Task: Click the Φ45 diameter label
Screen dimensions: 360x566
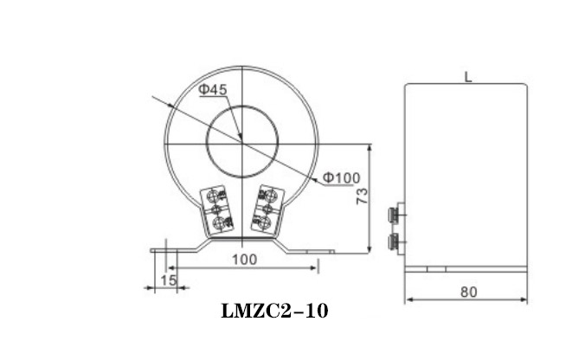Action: (212, 89)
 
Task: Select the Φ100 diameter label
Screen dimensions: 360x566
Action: (342, 178)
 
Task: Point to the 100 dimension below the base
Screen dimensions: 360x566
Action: (243, 260)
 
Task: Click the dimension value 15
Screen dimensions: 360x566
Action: (168, 280)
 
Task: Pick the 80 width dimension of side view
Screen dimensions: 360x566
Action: (467, 292)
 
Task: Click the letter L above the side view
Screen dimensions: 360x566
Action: (467, 77)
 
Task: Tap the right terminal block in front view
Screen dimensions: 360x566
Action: (268, 211)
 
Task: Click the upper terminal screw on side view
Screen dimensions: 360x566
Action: (396, 213)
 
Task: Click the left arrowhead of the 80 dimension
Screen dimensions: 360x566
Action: (409, 300)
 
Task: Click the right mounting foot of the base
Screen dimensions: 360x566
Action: (307, 251)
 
